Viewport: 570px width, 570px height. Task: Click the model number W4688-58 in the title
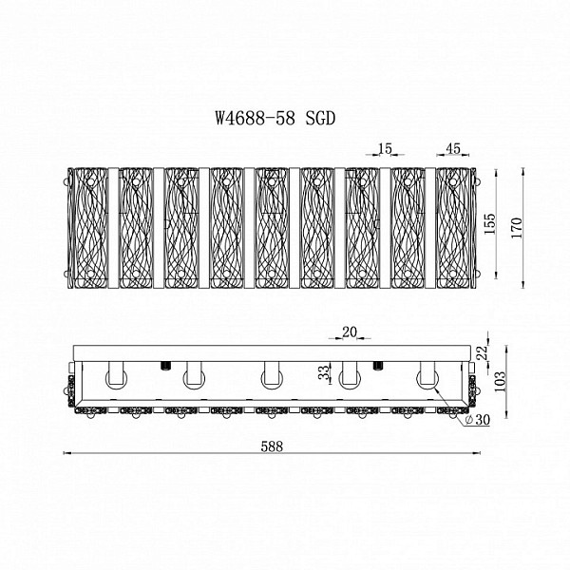click(255, 118)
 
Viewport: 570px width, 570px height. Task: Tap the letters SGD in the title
click(320, 118)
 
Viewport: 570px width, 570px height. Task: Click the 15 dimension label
click(386, 148)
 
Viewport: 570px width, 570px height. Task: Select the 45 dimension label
click(453, 148)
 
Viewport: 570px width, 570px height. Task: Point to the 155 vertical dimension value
click(490, 223)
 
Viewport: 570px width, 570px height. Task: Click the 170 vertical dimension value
click(517, 228)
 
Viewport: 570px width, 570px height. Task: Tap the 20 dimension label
click(350, 332)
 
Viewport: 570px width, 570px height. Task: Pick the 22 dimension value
click(482, 353)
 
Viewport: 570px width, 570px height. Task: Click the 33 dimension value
click(324, 371)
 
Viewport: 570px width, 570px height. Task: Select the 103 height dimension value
click(501, 381)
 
